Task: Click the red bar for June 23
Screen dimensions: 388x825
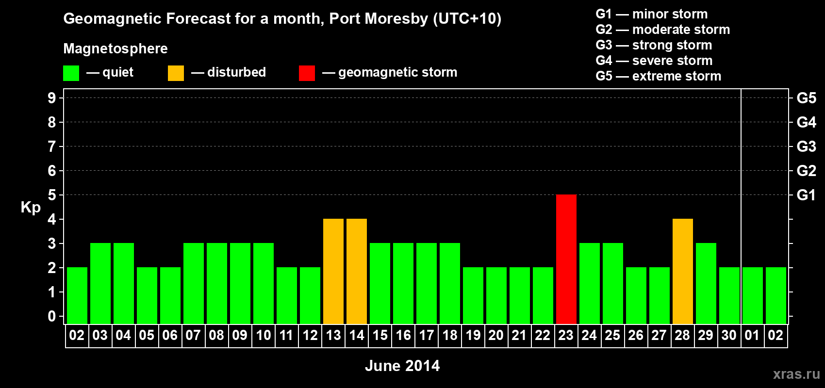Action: [x=566, y=259]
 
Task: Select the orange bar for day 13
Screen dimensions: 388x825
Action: [x=333, y=271]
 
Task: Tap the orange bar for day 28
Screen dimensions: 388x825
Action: [x=682, y=271]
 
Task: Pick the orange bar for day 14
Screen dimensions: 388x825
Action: [x=356, y=271]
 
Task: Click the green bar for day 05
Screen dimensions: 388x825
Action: [x=147, y=295]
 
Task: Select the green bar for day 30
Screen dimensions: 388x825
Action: [x=729, y=295]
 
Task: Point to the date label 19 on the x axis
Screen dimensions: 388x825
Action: [x=473, y=335]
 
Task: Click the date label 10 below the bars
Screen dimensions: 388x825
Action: [x=263, y=335]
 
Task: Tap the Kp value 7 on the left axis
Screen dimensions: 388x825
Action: [x=52, y=146]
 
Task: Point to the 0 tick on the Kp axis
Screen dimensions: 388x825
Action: [x=52, y=316]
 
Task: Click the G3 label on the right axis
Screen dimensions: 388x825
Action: [x=806, y=146]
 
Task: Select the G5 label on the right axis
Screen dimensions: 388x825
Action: [x=806, y=98]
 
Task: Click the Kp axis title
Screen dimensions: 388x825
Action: [x=31, y=207]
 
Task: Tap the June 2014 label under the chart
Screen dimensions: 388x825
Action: [x=402, y=366]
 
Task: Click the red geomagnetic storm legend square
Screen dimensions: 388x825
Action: [x=307, y=73]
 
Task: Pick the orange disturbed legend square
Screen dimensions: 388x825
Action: [x=176, y=73]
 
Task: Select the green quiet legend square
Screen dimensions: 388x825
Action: [x=71, y=73]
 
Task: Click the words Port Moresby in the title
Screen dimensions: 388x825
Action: [x=379, y=18]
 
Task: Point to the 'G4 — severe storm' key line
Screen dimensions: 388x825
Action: [x=654, y=61]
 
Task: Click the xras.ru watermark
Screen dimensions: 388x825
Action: [x=796, y=373]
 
